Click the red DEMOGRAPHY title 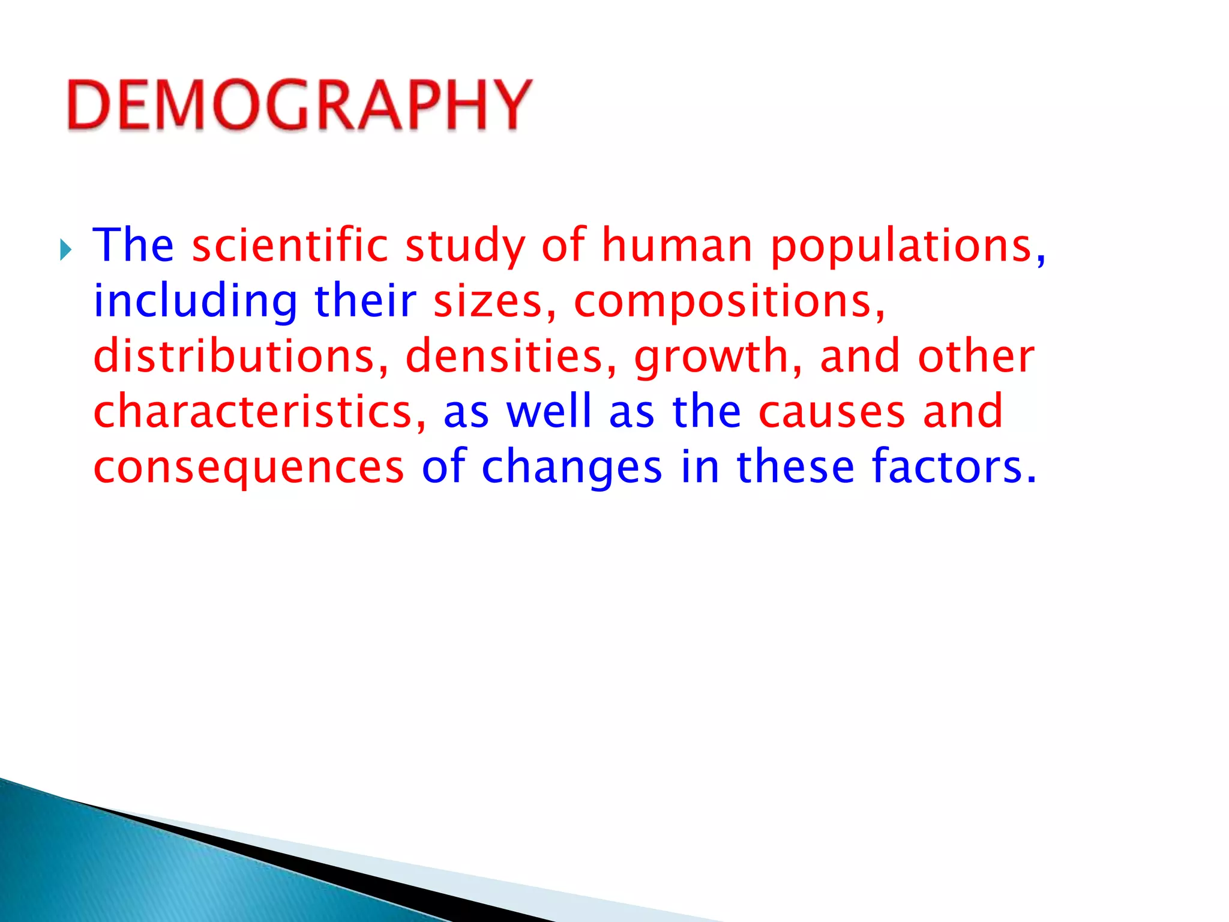[x=299, y=105]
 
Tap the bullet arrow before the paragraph [x=65, y=250]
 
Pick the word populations [x=901, y=246]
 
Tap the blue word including [x=196, y=301]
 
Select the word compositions [x=724, y=301]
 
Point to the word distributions [x=235, y=356]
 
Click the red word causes [x=832, y=412]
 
